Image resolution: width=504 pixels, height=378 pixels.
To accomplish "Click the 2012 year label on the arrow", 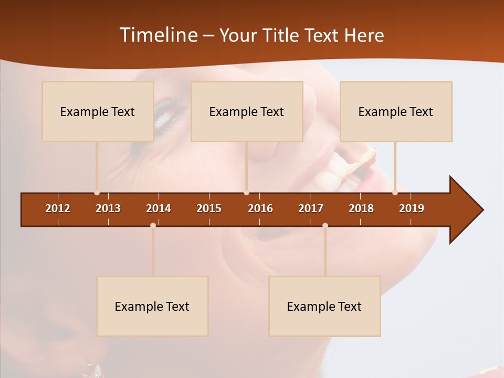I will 58,208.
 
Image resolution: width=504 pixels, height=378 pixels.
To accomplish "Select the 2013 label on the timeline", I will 108,208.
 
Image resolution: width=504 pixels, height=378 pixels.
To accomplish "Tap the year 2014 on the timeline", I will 159,208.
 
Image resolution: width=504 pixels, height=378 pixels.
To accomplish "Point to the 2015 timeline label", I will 209,208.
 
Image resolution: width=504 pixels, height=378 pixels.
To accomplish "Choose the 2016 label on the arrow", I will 260,208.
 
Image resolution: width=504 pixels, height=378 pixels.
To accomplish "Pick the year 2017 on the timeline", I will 311,208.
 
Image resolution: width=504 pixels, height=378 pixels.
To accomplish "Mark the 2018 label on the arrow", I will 361,208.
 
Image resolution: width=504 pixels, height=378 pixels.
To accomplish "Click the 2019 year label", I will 412,208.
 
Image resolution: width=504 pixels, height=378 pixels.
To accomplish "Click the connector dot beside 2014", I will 153,225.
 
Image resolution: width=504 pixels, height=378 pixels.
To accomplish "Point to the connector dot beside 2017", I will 325,225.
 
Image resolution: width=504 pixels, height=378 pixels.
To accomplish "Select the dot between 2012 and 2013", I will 97,193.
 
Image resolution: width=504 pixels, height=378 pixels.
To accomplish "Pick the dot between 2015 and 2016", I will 246,193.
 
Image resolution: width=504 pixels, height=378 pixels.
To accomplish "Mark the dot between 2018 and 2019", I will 395,193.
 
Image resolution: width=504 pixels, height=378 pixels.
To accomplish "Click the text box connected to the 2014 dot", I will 152,306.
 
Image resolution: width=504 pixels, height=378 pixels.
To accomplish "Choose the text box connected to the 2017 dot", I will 324,306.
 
